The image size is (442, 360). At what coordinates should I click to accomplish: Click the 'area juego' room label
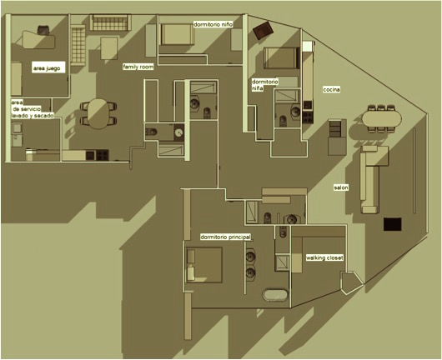(47, 68)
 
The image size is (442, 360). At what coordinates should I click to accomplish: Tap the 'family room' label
(138, 67)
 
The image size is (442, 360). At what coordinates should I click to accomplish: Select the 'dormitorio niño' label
(213, 24)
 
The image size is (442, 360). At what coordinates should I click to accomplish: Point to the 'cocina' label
(332, 89)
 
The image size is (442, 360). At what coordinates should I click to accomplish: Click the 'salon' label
(341, 187)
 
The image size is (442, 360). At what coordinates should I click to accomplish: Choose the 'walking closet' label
(324, 257)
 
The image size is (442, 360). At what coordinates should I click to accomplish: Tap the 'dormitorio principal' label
(225, 237)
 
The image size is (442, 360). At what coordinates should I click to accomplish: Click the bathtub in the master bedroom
(275, 295)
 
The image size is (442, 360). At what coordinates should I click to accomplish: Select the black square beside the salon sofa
(393, 224)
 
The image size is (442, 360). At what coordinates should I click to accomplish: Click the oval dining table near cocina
(382, 118)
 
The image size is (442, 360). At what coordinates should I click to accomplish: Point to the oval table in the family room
(98, 113)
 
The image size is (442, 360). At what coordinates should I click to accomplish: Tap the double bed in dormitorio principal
(204, 265)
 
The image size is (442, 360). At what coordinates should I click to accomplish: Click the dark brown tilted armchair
(263, 31)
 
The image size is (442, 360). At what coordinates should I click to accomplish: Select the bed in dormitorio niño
(177, 34)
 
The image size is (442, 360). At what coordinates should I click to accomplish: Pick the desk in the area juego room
(38, 40)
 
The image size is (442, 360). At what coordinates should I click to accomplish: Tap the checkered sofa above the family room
(110, 22)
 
